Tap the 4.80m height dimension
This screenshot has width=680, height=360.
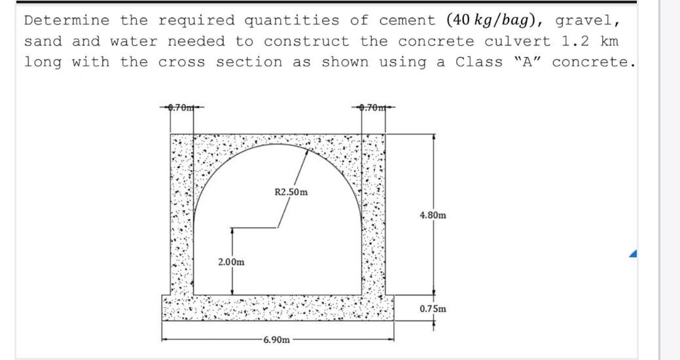tap(433, 215)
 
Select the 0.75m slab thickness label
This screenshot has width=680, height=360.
tap(433, 308)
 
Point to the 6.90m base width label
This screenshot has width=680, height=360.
tap(276, 340)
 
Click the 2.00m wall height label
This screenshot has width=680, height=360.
tap(232, 262)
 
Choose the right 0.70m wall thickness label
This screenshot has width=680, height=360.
tap(374, 107)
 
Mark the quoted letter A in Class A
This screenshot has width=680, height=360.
tap(526, 62)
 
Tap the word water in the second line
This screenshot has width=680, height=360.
tap(134, 41)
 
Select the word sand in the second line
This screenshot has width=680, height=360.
tap(43, 41)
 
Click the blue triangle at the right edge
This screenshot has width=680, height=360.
tap(633, 253)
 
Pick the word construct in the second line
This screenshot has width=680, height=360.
tap(306, 41)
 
